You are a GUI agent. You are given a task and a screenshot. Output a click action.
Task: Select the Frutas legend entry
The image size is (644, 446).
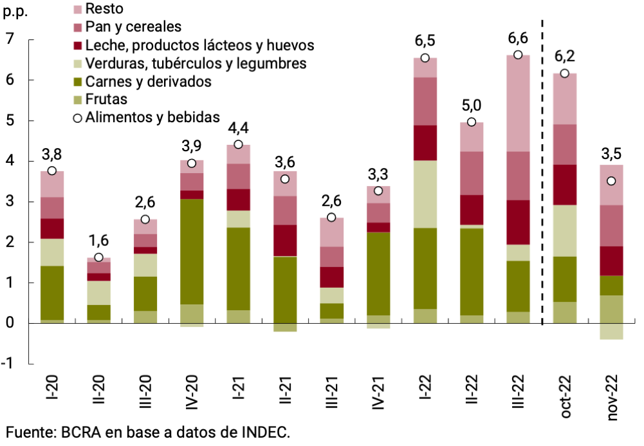106,99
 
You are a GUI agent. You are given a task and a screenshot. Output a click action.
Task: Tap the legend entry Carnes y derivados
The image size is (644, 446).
148,81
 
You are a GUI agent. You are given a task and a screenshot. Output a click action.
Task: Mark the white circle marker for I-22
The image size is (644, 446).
425,58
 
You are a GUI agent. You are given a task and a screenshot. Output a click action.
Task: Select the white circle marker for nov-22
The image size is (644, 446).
612,181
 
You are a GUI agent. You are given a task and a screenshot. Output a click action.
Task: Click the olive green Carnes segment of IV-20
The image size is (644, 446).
192,251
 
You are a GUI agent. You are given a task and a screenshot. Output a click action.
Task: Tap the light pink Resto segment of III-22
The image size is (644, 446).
519,103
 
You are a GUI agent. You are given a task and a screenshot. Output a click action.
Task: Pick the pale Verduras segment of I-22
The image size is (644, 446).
425,194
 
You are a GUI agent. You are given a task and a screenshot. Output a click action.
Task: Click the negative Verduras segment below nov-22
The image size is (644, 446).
612,331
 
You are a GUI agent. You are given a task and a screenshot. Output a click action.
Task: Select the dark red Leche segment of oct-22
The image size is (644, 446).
566,185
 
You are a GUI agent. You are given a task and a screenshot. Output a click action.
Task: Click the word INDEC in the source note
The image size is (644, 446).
262,432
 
